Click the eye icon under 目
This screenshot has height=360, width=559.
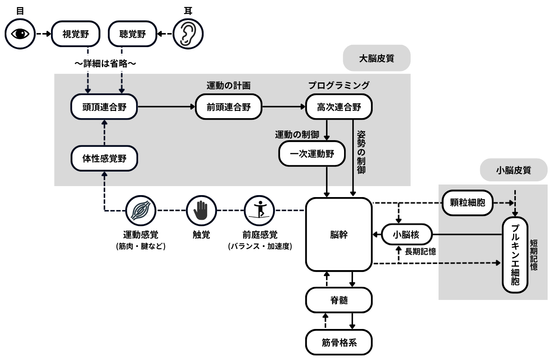pos(20,34)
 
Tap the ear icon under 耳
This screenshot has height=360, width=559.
pos(188,34)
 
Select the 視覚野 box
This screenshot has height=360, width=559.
pos(76,34)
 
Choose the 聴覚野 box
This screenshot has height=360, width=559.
pos(132,34)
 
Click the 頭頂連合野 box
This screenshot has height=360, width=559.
pos(104,107)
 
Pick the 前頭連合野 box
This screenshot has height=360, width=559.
pos(228,107)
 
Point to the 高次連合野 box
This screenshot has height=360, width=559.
pos(339,107)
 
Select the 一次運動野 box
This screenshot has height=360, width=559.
pos(312,154)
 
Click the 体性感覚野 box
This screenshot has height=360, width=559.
pos(104,158)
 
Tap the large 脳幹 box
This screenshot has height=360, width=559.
pos(339,234)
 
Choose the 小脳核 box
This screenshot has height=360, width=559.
pos(406,235)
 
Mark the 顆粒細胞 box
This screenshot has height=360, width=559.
pos(467,203)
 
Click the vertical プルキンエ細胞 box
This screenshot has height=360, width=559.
pos(515,254)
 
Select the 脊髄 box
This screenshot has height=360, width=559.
pos(339,300)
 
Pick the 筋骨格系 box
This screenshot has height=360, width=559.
pos(339,342)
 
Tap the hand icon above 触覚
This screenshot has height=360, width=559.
pos(201,210)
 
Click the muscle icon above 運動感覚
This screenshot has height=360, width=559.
pos(140,210)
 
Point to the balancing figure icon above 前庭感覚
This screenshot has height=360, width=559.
pos(259,210)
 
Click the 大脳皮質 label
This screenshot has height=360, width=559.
pos(377,58)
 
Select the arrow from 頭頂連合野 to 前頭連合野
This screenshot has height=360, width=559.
pos(166,107)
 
